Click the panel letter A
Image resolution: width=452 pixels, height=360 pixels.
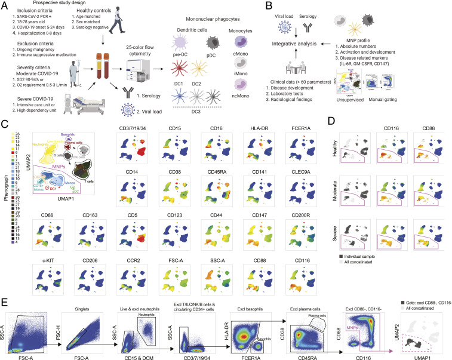tap(5, 5)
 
